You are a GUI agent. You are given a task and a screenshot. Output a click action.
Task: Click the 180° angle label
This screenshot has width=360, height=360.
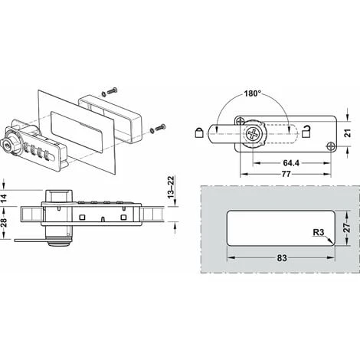coord(253,93)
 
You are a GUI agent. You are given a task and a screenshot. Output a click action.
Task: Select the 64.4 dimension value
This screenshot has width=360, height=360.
coord(291,163)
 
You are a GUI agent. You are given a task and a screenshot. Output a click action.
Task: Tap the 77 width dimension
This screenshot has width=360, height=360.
coord(286,174)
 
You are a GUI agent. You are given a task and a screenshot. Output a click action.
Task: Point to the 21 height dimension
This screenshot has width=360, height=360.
coord(348,133)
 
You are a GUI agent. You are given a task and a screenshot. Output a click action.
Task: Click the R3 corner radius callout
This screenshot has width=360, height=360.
coord(319,232)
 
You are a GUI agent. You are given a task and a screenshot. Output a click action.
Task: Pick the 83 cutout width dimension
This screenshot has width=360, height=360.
coord(282,258)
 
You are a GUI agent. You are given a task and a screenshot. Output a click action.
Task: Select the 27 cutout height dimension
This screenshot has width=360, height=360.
coord(346,227)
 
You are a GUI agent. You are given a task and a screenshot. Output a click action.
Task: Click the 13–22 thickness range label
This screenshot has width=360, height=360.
coord(171,187)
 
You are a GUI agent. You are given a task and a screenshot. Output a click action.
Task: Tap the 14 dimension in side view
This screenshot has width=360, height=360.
coord(4,198)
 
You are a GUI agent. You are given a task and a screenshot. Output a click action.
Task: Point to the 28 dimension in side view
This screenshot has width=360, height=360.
coord(4,222)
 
